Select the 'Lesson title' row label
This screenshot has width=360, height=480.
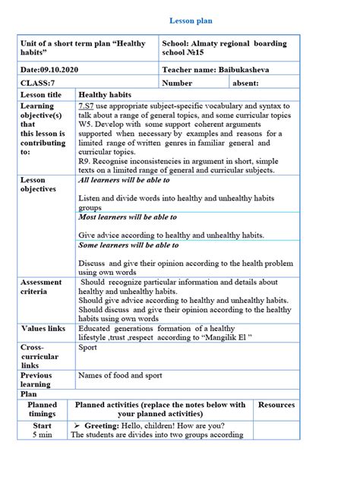tap(41, 95)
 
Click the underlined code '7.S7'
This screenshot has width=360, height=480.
tap(86, 106)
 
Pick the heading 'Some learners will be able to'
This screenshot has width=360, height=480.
tap(128, 245)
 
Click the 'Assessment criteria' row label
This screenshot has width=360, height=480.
tap(41, 286)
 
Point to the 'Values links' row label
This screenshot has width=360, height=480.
tap(43, 328)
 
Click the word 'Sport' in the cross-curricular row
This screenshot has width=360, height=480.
tap(88, 347)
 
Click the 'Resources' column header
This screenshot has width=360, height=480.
tap(276, 405)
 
